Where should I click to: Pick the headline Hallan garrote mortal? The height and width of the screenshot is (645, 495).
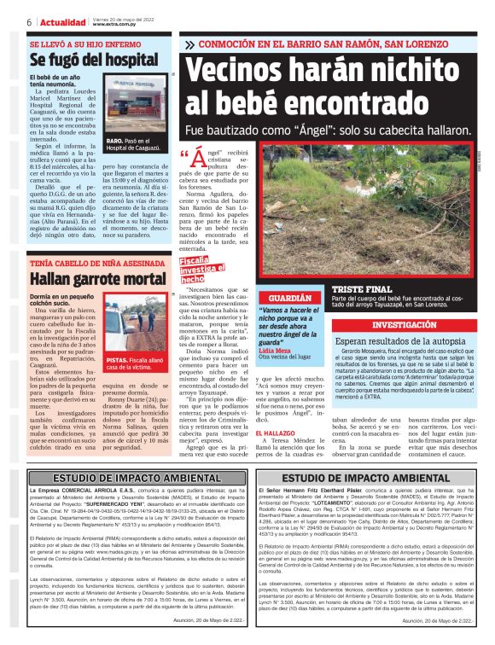tap(97, 279)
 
